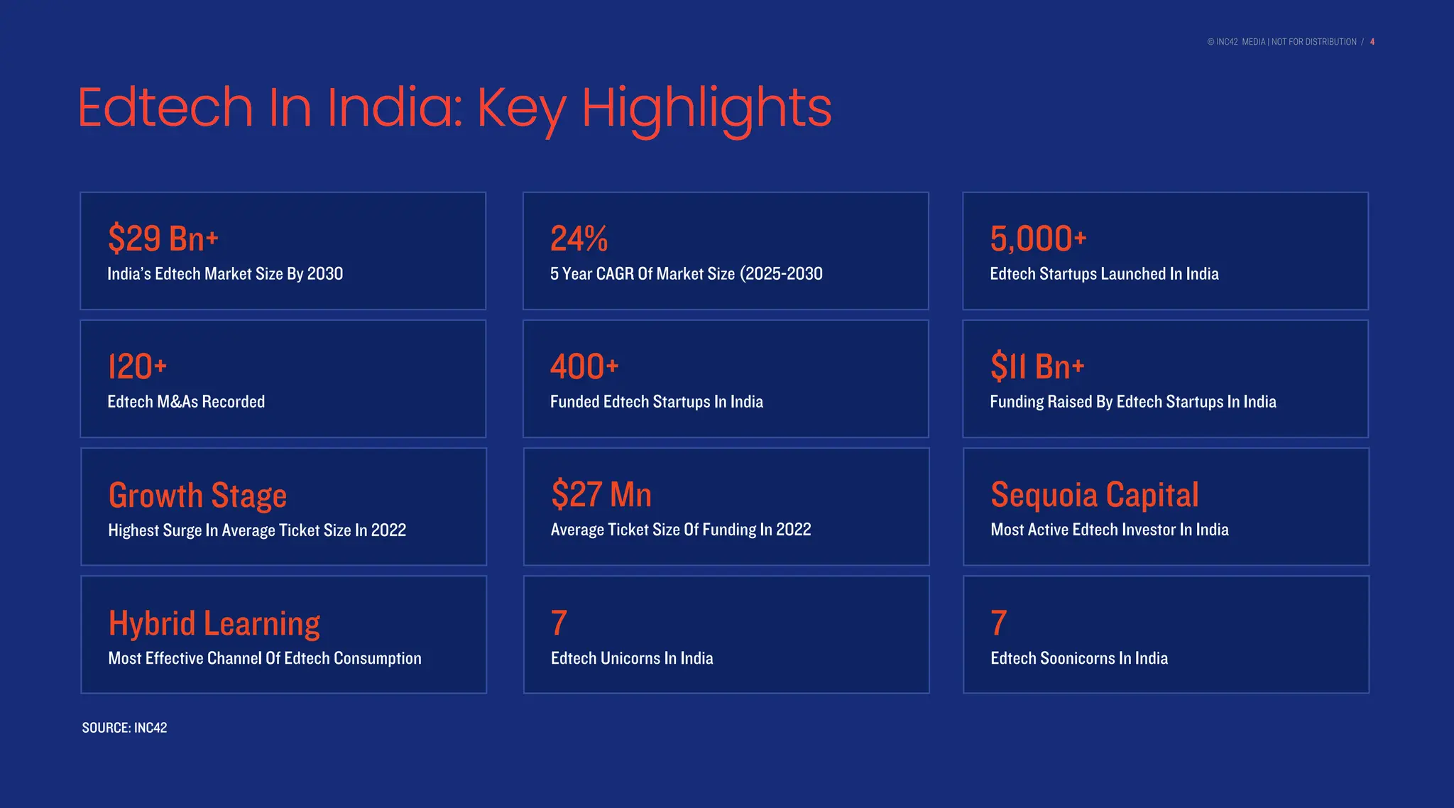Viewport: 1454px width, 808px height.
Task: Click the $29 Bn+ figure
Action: point(163,239)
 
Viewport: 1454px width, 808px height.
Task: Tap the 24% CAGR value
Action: point(579,239)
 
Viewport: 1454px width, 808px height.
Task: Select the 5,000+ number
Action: point(1038,239)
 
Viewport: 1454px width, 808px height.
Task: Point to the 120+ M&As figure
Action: point(137,367)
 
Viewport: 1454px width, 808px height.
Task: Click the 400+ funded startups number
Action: point(584,367)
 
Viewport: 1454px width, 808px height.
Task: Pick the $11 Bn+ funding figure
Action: point(1037,367)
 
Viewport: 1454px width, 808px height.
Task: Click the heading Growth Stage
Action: point(197,495)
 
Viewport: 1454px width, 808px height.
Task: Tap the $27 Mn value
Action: point(601,495)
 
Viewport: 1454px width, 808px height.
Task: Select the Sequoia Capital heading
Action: point(1094,495)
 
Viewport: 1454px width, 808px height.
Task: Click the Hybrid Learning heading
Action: point(214,623)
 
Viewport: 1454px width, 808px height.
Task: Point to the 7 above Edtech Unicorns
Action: point(559,623)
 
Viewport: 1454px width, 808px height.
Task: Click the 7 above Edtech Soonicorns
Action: point(998,623)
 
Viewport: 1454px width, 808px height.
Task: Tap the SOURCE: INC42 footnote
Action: point(124,728)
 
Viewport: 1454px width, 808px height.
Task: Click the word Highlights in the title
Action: point(706,109)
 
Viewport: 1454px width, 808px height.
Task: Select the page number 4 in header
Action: point(1372,42)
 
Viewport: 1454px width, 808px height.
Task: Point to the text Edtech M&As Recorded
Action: point(186,402)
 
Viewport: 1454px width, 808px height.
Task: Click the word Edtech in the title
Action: point(165,107)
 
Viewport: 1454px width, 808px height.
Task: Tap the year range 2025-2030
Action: point(782,274)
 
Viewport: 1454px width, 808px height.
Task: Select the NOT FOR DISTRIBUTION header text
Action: point(1313,42)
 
